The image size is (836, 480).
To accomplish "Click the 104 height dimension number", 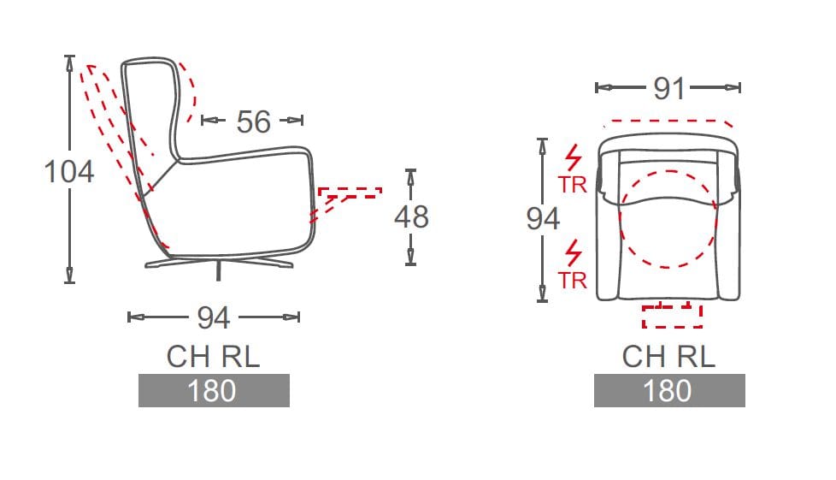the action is tap(69, 171).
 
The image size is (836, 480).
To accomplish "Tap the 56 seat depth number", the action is tap(253, 121).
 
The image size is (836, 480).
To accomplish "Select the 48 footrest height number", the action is tap(411, 216).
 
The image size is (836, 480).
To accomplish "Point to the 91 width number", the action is tap(668, 88).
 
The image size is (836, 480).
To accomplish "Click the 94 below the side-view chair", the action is tap(213, 317).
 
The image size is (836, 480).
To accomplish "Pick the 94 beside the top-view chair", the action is tap(543, 219).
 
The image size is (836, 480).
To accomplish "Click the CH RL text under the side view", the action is tap(213, 357).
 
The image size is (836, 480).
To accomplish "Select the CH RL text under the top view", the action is tap(668, 357).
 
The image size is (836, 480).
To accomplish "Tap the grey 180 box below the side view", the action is tap(214, 390).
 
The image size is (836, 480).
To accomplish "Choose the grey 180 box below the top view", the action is tap(669, 390).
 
